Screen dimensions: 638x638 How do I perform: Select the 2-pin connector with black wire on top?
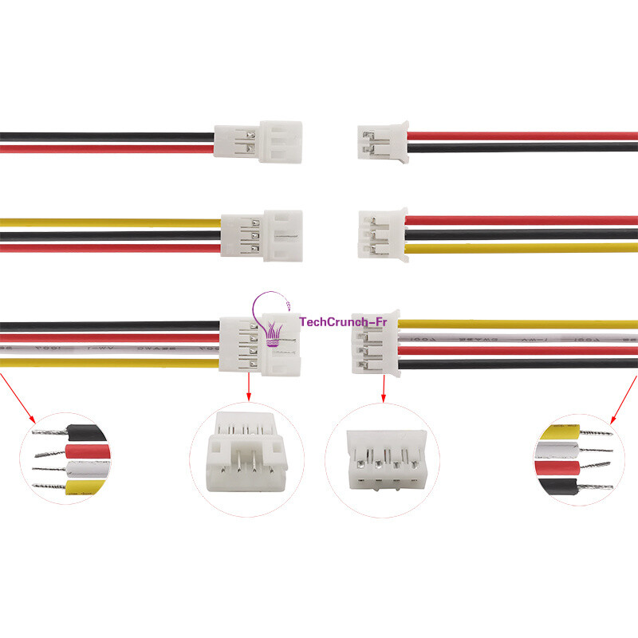[x=258, y=142]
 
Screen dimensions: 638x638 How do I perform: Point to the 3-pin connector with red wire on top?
[x=382, y=234]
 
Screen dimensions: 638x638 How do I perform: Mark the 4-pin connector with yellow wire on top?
[x=375, y=343]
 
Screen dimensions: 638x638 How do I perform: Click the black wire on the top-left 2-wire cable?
[x=104, y=136]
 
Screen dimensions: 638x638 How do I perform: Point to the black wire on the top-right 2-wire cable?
[x=518, y=148]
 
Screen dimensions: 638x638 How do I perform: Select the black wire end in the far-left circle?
[x=88, y=433]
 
